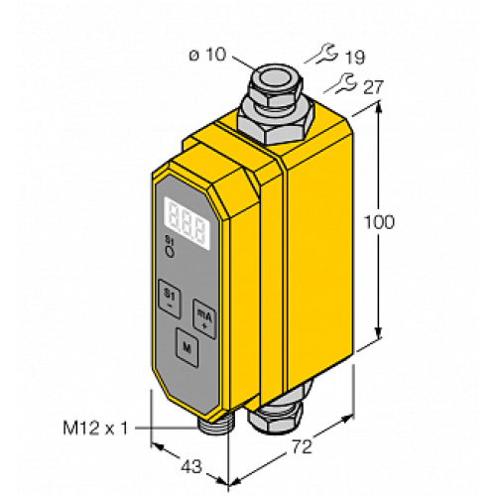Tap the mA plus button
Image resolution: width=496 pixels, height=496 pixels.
coord(203,314)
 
